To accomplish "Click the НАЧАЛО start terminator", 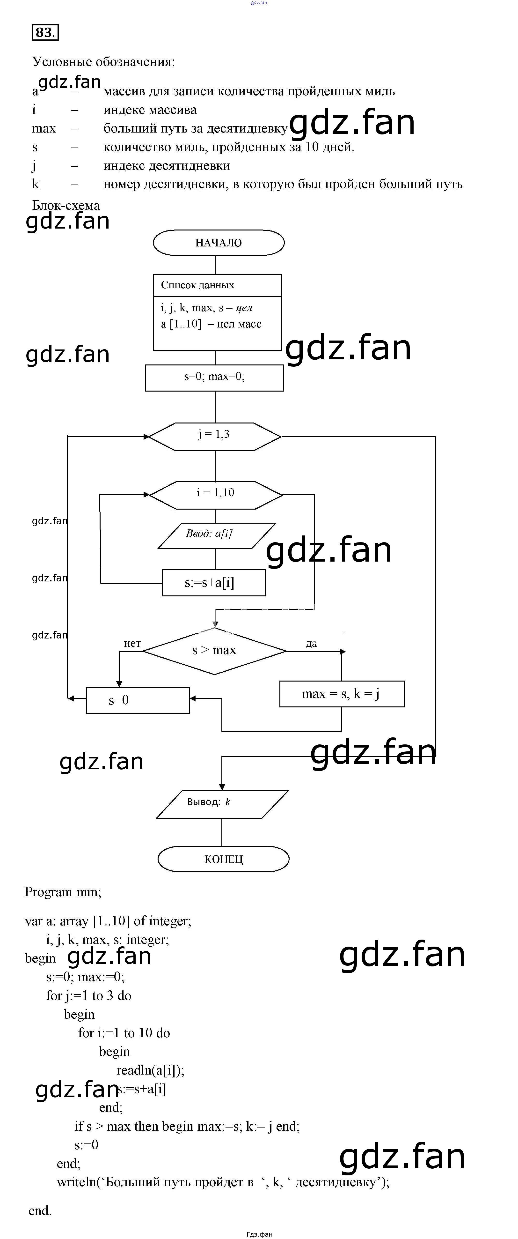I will (x=219, y=243).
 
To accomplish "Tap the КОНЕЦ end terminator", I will (x=223, y=859).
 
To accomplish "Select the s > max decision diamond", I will (x=214, y=651).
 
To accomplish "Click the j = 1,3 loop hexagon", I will (x=214, y=435).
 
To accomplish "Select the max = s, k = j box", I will (x=342, y=694).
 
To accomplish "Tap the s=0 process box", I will (x=138, y=700).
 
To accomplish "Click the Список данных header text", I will (x=197, y=285).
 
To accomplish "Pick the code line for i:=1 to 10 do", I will (x=124, y=1033).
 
